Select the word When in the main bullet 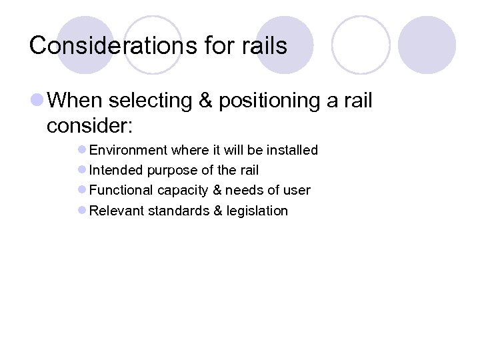pyautogui.click(x=75, y=101)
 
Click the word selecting pyautogui.click(x=149, y=101)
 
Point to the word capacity pyautogui.click(x=182, y=191)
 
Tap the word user pyautogui.click(x=297, y=191)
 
